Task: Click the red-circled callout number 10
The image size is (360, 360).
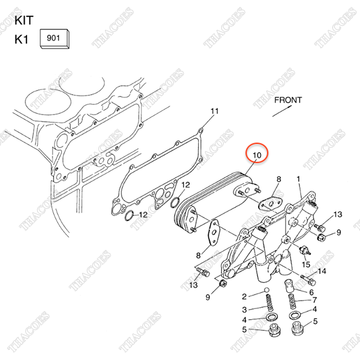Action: click(257, 155)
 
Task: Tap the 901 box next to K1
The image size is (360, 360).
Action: click(55, 38)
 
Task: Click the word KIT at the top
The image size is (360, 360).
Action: click(24, 20)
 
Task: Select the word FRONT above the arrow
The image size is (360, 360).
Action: click(288, 100)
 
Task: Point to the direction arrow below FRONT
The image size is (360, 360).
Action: click(282, 111)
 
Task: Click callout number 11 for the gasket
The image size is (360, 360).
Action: click(214, 112)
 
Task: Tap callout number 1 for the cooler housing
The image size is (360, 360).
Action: click(298, 179)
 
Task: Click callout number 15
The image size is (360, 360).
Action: click(306, 265)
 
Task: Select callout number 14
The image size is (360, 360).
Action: click(322, 271)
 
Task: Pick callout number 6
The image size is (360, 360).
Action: click(311, 292)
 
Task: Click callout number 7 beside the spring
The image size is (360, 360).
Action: click(314, 300)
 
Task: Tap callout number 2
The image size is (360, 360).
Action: click(244, 296)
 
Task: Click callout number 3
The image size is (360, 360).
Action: click(245, 310)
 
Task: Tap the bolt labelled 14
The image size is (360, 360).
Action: click(308, 279)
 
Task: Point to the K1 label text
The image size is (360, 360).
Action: click(22, 40)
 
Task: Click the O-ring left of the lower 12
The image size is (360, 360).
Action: click(129, 215)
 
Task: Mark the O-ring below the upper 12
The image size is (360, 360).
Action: click(176, 202)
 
